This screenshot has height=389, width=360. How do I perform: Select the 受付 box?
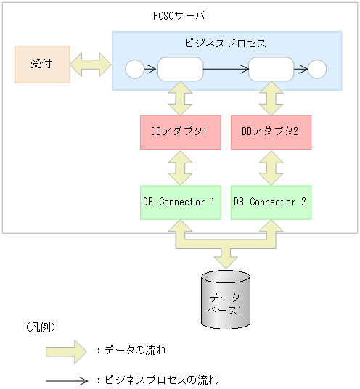click(42, 64)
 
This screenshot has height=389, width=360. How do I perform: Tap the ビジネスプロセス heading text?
click(226, 43)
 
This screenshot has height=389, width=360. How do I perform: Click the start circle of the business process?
click(135, 70)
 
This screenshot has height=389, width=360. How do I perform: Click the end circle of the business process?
click(317, 70)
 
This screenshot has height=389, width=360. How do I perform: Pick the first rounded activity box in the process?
click(180, 70)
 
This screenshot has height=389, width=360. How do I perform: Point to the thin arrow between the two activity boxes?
click(225, 70)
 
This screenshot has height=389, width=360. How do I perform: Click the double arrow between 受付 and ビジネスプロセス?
click(91, 65)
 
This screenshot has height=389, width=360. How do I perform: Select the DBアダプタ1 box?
click(179, 132)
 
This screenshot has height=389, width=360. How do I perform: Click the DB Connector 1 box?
click(179, 202)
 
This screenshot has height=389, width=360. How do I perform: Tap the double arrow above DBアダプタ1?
click(179, 98)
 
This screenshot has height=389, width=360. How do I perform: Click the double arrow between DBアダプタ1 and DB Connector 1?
click(179, 167)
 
